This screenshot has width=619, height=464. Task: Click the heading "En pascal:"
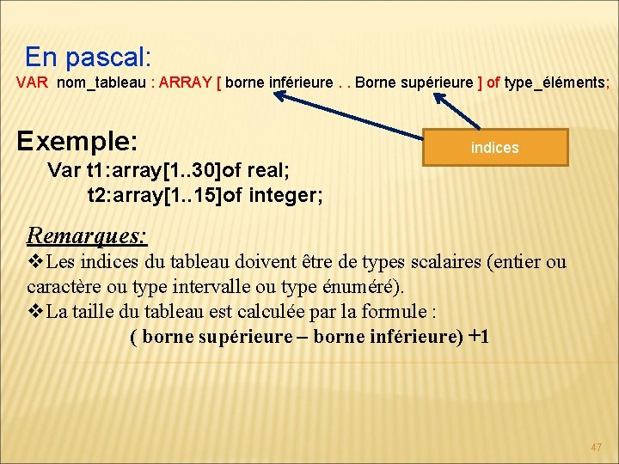[88, 58]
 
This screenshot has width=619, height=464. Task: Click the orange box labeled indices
[495, 147]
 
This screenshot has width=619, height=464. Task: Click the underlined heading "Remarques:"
[87, 234]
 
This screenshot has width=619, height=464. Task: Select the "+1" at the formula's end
[478, 336]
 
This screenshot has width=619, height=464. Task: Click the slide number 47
[597, 448]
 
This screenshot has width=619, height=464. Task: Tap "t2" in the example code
[99, 196]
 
